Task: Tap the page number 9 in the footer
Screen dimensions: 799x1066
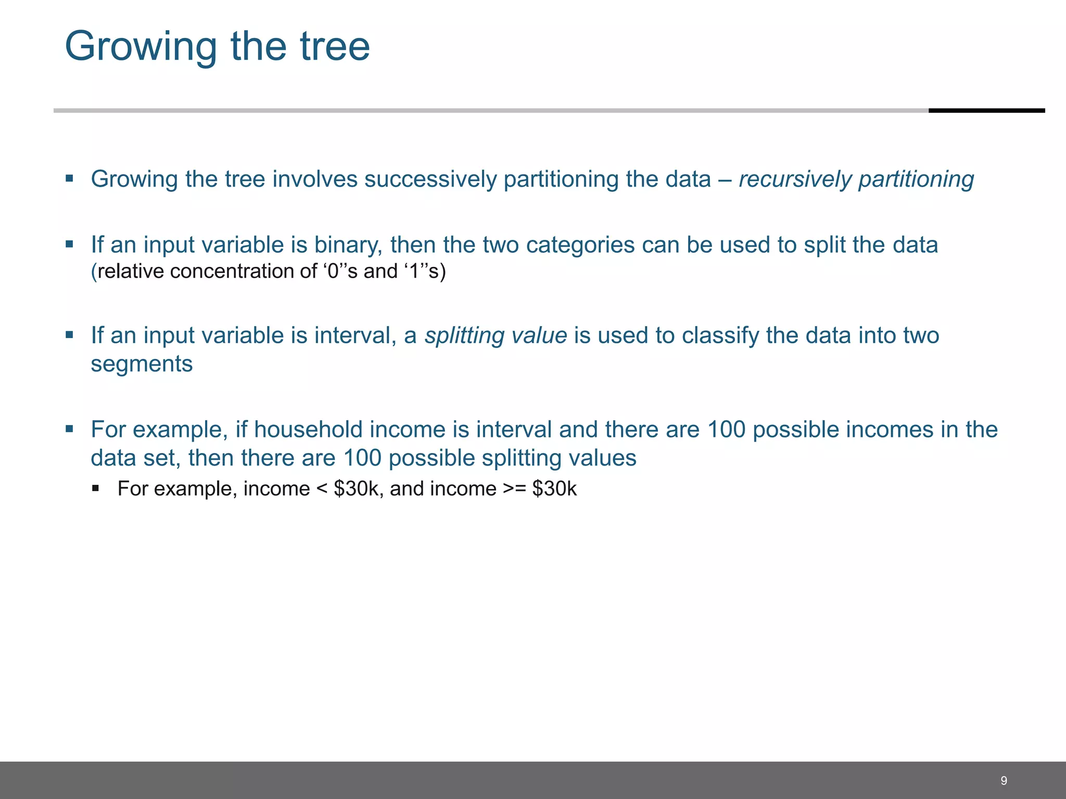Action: click(1004, 780)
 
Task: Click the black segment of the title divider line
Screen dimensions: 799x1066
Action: click(986, 110)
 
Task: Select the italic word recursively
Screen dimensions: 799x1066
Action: click(795, 179)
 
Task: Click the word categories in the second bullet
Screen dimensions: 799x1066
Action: click(580, 245)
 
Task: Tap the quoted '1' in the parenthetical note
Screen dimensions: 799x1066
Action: click(414, 272)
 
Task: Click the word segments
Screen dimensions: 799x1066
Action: click(142, 364)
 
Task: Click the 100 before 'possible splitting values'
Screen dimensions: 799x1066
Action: click(362, 458)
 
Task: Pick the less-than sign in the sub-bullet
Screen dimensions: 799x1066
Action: click(321, 489)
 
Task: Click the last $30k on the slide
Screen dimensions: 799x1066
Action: click(554, 489)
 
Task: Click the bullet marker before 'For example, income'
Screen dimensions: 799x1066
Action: click(95, 488)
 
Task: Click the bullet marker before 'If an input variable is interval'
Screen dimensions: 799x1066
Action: click(69, 334)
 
